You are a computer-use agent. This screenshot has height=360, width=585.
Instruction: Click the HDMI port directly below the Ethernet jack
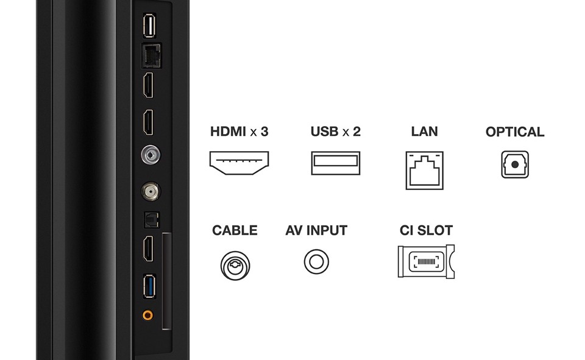tap(149, 86)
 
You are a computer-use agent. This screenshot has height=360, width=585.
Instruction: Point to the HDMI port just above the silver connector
tap(149, 124)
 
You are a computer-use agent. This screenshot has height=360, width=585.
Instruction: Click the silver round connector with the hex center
tap(149, 155)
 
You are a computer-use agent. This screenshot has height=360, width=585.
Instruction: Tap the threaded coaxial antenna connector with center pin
tap(149, 192)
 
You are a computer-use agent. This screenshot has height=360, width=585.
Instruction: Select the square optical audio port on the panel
tap(149, 218)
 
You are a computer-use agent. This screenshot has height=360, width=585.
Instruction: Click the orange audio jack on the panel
tap(147, 316)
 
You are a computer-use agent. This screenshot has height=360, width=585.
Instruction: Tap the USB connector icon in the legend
tap(335, 163)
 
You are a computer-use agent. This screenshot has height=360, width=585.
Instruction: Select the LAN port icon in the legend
tap(424, 170)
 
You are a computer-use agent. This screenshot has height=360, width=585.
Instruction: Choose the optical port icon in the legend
tap(515, 164)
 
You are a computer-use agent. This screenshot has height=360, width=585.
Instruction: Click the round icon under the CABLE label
tap(235, 264)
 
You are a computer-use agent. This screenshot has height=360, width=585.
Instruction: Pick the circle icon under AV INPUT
tap(316, 262)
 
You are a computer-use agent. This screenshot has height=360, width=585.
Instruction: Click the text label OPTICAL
tap(515, 132)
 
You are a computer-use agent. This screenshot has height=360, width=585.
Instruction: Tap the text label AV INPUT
tap(316, 231)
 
